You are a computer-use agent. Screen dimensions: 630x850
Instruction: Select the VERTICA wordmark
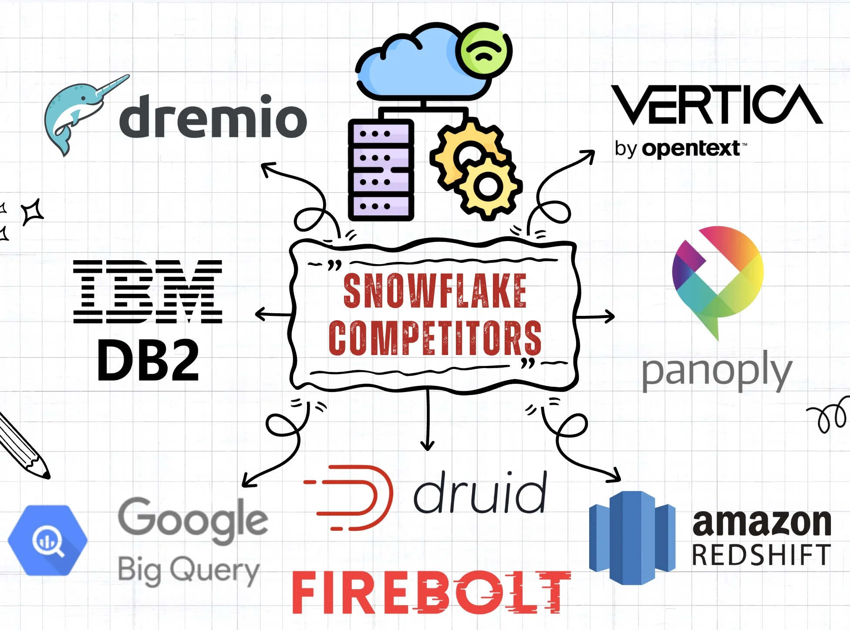click(x=716, y=105)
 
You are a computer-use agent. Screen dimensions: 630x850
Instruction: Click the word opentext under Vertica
click(x=691, y=149)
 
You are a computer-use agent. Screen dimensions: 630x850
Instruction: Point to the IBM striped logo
click(x=148, y=292)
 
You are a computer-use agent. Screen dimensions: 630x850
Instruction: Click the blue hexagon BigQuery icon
click(x=47, y=540)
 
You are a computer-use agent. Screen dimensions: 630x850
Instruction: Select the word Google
click(x=192, y=519)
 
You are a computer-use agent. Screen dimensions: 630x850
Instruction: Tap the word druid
click(x=479, y=493)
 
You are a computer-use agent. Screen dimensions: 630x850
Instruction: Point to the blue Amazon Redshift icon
click(x=632, y=538)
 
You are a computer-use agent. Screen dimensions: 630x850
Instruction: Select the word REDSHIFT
click(x=761, y=555)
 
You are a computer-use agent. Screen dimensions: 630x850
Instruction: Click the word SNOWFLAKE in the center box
click(x=435, y=291)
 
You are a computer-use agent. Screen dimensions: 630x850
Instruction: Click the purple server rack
click(x=381, y=170)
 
